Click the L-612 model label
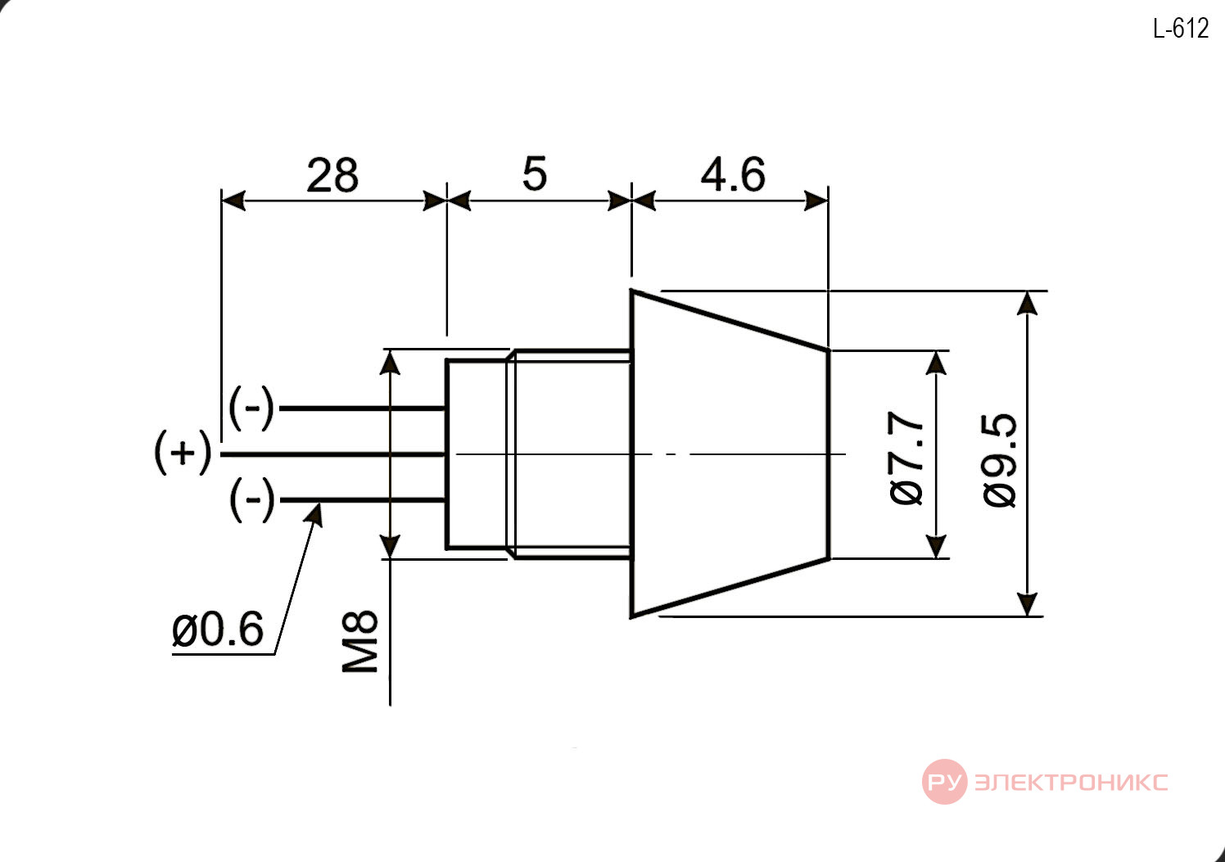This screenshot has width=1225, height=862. [x=1181, y=29]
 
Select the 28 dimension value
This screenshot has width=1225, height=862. [x=332, y=175]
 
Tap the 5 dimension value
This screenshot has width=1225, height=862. [x=534, y=174]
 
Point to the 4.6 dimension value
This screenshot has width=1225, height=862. [x=733, y=175]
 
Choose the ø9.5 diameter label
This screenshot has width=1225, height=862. [x=999, y=461]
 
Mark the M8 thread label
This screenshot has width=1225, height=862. [x=359, y=642]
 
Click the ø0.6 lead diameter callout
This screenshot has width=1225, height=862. [x=218, y=630]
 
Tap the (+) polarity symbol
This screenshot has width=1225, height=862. [x=183, y=453]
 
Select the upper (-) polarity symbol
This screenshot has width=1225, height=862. [x=251, y=408]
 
